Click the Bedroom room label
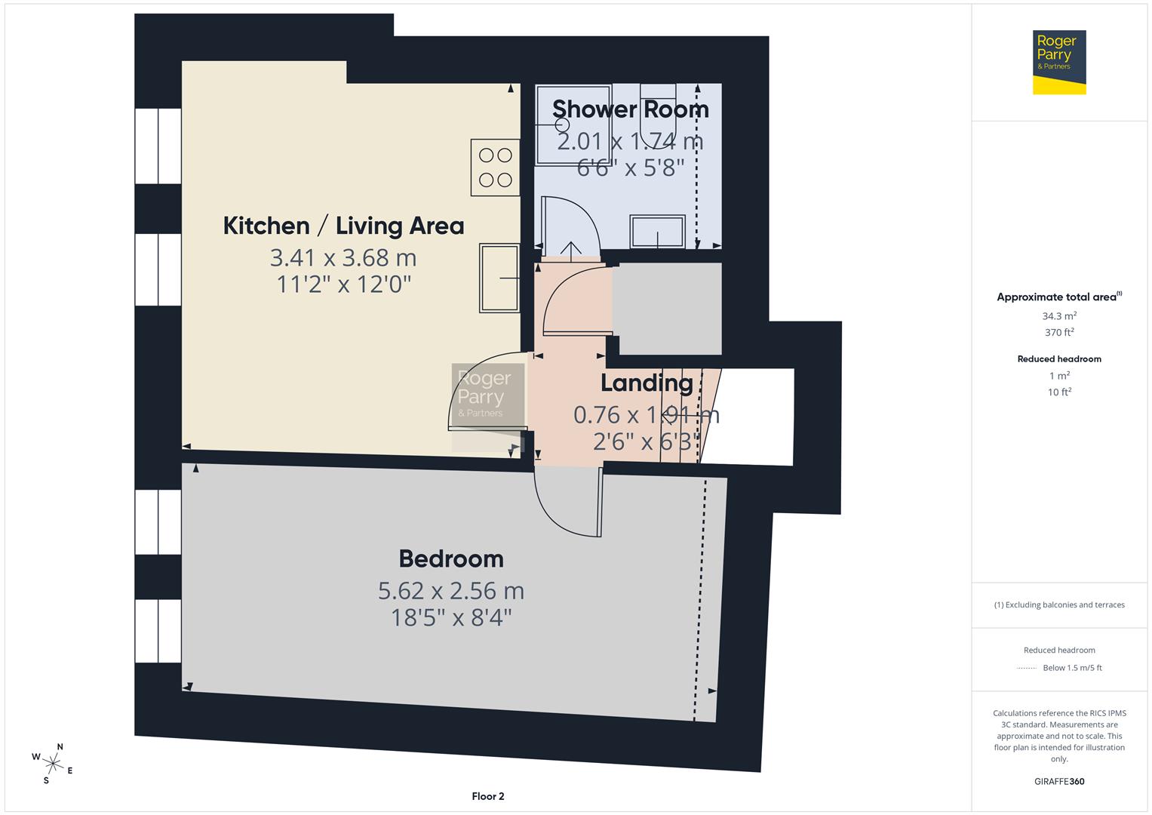point(451,559)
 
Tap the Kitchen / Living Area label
point(343,226)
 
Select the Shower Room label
point(630,109)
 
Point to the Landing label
point(647,383)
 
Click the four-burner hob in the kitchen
point(495,168)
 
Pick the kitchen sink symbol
point(499,278)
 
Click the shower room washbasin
point(658,232)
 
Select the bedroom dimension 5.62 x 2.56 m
point(451,590)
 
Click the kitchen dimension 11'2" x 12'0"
point(343,284)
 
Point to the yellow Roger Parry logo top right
point(1058,62)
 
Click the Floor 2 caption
point(487,796)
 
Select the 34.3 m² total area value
point(1059,317)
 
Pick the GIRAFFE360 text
point(1059,781)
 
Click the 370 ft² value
point(1059,333)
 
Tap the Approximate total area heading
point(1058,297)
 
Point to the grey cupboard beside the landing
point(666,308)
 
